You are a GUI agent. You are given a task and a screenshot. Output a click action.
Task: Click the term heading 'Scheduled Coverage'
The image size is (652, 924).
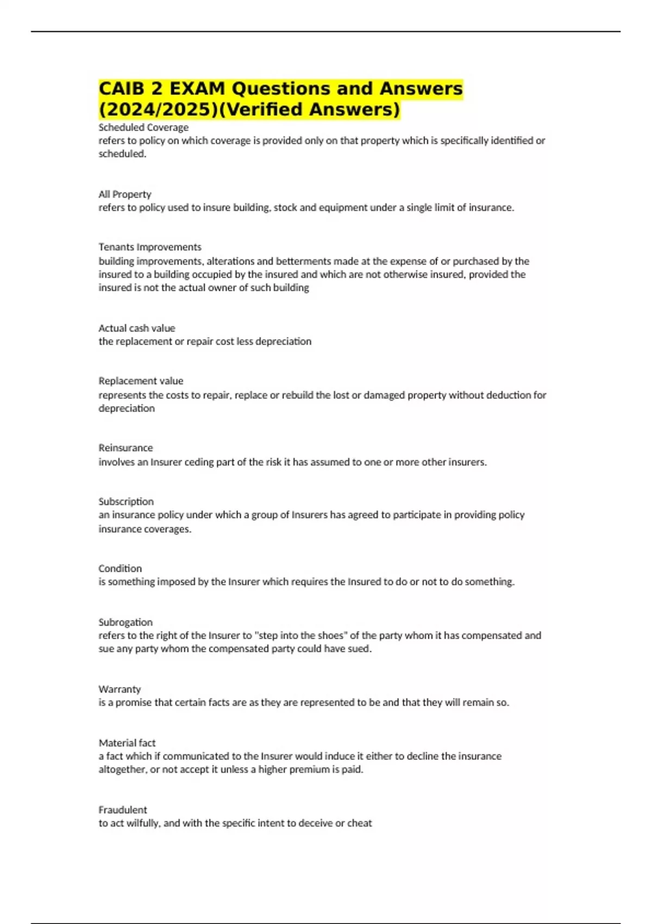pos(143,127)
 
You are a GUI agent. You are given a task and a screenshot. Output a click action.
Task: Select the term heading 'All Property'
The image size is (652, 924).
pos(124,194)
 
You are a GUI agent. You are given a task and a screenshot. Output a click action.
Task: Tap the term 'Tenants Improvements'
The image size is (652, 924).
pos(149,247)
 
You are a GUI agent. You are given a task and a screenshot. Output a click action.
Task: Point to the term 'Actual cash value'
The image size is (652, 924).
pos(136,328)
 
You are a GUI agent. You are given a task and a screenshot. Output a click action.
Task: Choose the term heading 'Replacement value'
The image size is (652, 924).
pos(141,380)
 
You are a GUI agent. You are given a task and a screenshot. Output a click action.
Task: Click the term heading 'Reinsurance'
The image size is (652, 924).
pos(126,447)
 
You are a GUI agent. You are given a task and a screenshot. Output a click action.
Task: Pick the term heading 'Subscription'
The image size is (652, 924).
pos(126,501)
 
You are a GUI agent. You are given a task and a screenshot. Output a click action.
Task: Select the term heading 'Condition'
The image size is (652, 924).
pos(120,568)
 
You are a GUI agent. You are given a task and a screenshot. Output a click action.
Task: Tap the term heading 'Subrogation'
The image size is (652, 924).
pos(126,622)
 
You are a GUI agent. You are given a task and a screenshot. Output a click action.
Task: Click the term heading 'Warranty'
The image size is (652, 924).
pos(120,689)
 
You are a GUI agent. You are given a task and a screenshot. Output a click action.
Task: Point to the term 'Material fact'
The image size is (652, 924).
pos(127,742)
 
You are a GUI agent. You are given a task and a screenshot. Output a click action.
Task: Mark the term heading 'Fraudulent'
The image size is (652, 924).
pos(123,809)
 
